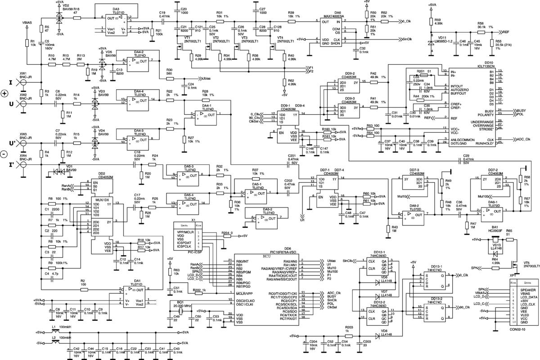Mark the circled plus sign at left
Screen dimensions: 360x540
click(x=5, y=94)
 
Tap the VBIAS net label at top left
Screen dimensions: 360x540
click(x=27, y=21)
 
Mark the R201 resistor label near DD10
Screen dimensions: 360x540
click(x=421, y=72)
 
